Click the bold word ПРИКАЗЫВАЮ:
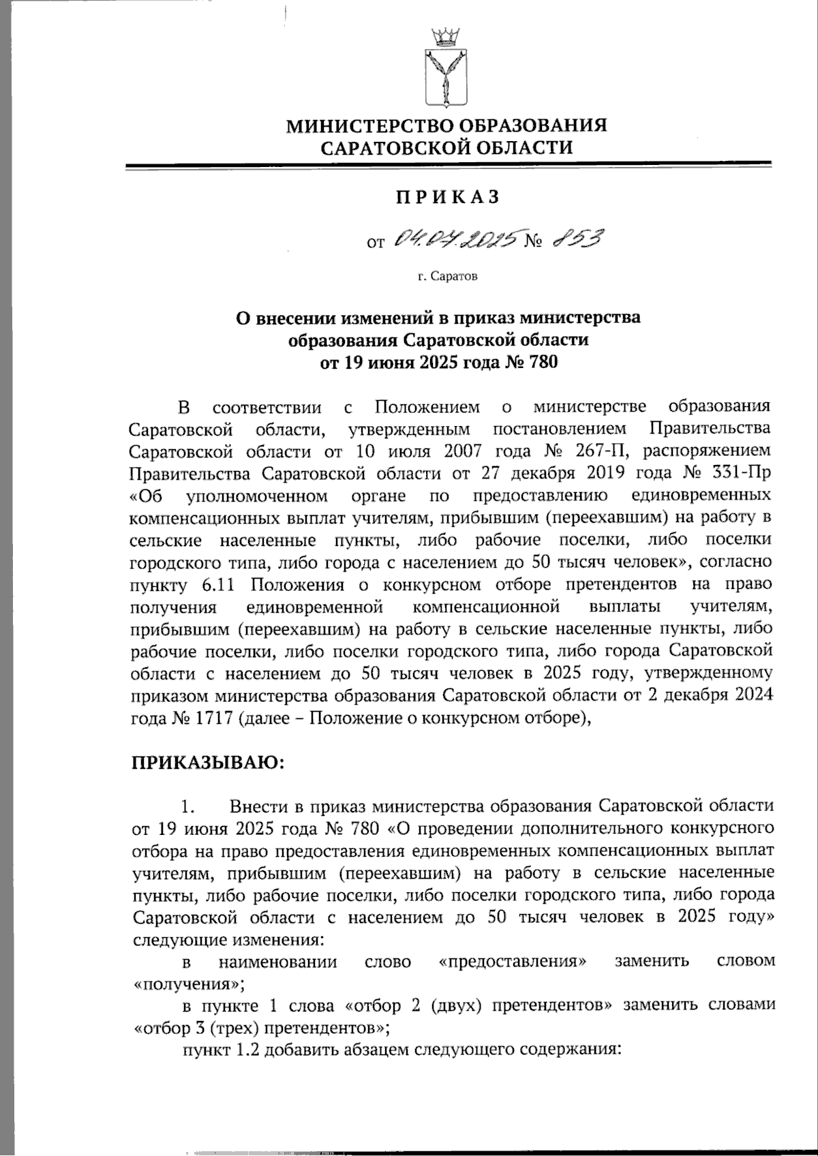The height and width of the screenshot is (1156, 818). pyautogui.click(x=207, y=762)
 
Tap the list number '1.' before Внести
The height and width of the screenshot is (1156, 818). pyautogui.click(x=188, y=806)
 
